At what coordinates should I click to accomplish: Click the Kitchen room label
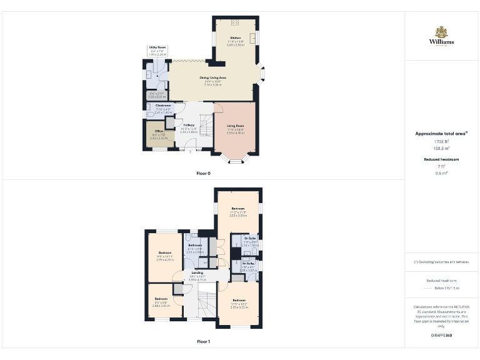click(x=235, y=38)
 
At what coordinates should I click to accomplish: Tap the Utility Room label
click(x=157, y=47)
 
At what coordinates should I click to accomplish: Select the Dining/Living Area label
click(x=212, y=77)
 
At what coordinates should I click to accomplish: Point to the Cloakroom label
click(x=162, y=106)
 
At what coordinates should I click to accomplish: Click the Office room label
click(x=159, y=131)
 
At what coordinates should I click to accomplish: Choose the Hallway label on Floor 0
click(x=189, y=125)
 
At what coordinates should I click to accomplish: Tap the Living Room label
click(x=235, y=126)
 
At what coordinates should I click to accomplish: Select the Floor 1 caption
click(x=204, y=342)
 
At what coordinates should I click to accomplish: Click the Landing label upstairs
click(x=197, y=273)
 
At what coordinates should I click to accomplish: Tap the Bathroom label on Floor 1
click(x=195, y=245)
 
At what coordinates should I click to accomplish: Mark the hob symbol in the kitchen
click(x=235, y=22)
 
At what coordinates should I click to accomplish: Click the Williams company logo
click(x=441, y=36)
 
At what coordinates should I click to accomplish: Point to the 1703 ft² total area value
click(x=441, y=141)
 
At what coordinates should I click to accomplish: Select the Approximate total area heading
click(x=441, y=133)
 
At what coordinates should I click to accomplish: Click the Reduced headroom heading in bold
click(x=441, y=159)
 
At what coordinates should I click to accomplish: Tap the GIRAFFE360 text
click(x=441, y=336)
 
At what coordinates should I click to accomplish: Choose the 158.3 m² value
click(x=441, y=149)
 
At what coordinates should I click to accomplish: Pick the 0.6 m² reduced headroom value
click(x=441, y=173)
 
